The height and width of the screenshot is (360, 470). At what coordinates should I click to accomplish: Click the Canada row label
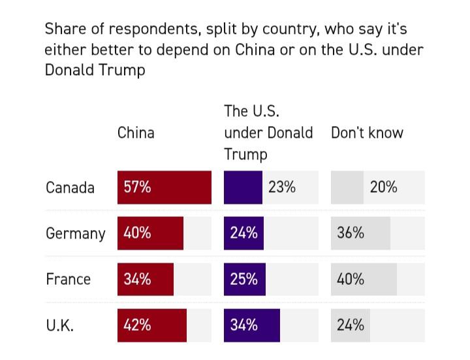tap(70, 188)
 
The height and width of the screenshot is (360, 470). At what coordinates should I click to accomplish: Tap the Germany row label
tap(75, 233)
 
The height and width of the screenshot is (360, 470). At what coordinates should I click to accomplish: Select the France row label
tap(68, 279)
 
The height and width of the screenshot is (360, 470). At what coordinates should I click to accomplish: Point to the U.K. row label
tap(59, 325)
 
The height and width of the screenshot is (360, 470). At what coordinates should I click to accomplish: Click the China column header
tap(136, 133)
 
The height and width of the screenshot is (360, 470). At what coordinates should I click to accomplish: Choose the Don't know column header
tap(367, 133)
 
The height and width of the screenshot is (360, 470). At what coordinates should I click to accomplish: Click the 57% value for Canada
tap(137, 187)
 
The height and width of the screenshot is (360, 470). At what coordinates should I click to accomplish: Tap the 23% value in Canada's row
tap(282, 187)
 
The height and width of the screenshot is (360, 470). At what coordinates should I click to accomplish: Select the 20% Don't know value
tap(383, 187)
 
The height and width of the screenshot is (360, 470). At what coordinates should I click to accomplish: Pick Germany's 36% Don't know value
tap(351, 233)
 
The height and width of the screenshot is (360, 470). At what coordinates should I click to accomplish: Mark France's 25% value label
tap(243, 279)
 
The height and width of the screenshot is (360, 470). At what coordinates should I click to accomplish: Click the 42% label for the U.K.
tap(137, 325)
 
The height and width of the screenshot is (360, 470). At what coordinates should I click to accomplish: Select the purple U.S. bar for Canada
tap(243, 188)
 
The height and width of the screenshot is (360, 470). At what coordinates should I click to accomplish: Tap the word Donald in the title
tap(72, 70)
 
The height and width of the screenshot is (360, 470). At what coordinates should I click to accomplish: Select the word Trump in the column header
tap(245, 154)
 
